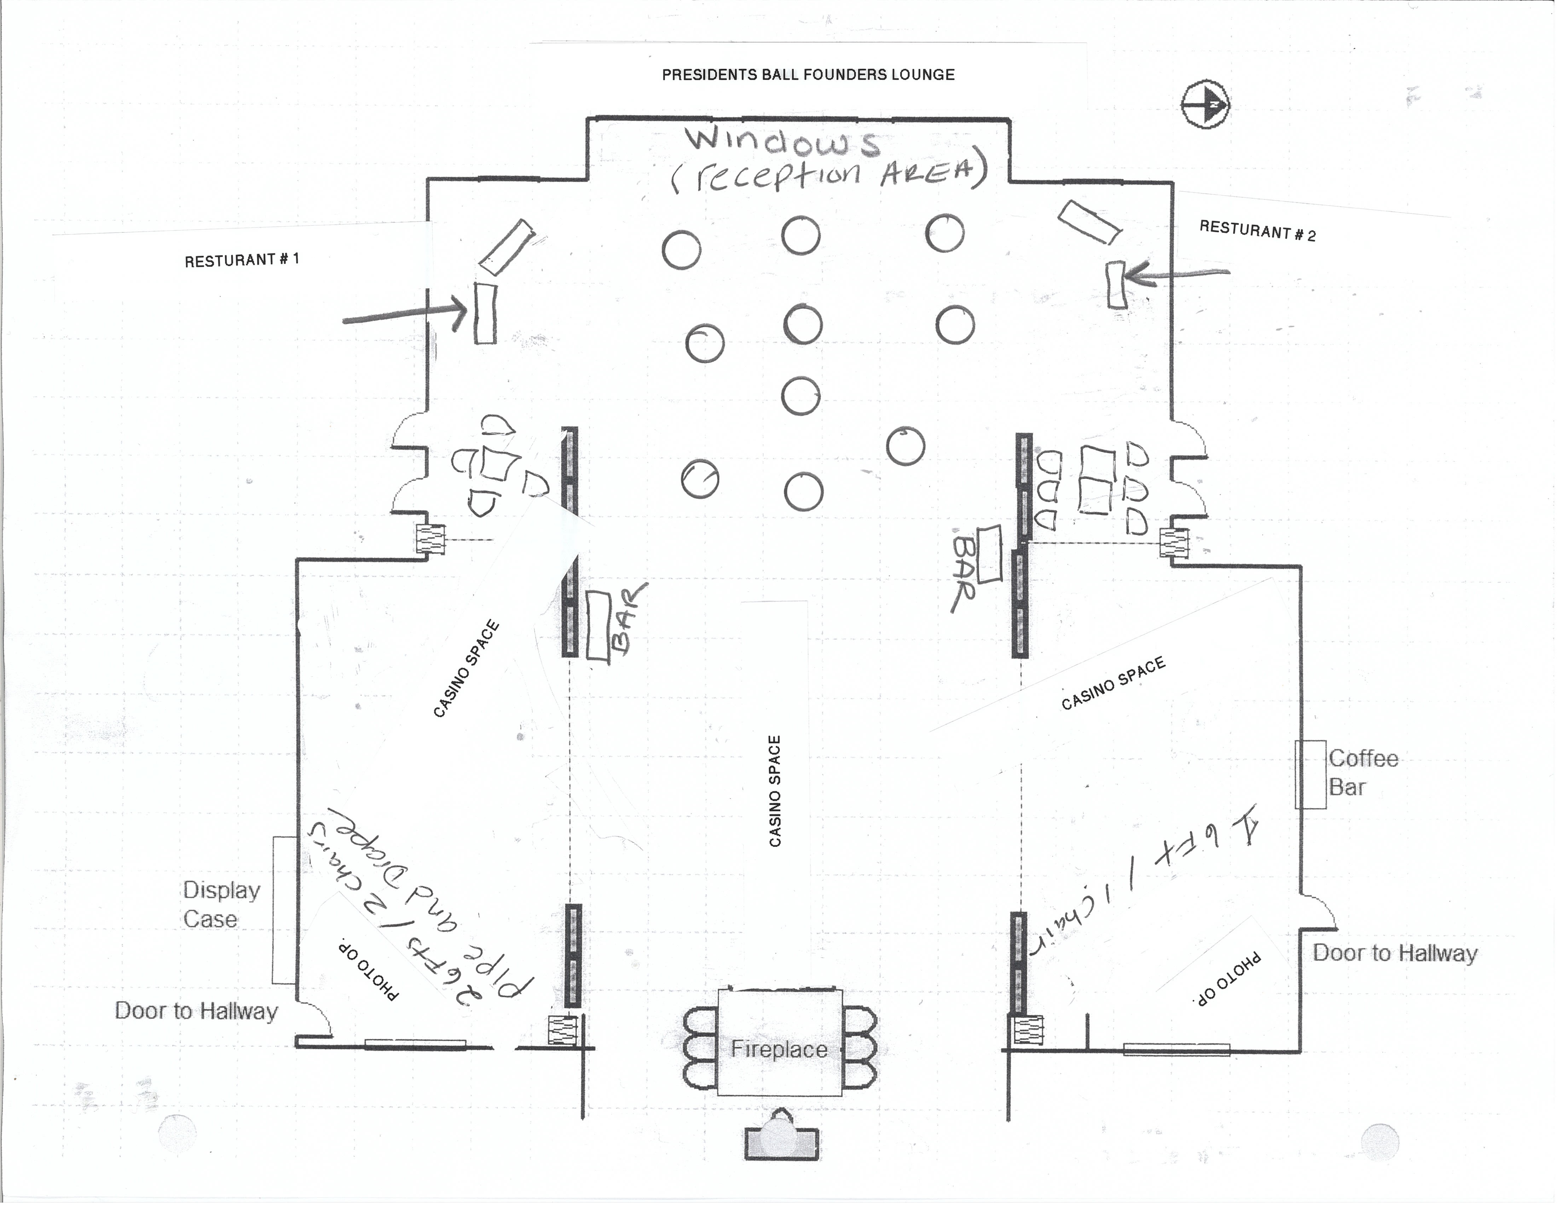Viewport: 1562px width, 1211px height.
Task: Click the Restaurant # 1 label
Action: (242, 260)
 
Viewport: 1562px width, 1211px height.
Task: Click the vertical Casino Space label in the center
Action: (775, 791)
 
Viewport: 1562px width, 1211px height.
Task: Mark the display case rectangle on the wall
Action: (284, 910)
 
